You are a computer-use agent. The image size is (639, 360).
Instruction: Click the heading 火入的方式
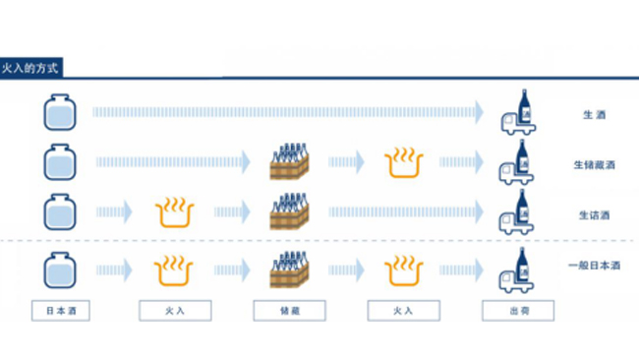point(29,68)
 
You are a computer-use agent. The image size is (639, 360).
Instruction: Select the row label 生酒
point(594,115)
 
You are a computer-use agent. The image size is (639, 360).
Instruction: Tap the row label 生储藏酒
point(594,165)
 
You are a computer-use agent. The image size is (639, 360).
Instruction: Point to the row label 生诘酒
point(594,215)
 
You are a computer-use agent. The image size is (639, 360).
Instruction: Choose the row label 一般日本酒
point(594,266)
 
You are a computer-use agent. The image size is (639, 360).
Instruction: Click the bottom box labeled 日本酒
point(61,311)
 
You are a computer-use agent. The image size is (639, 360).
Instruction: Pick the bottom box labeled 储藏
point(289,311)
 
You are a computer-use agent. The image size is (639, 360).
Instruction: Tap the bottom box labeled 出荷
point(518,311)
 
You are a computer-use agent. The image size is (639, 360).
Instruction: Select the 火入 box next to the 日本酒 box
point(175,311)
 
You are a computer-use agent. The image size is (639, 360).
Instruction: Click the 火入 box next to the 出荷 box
point(403,311)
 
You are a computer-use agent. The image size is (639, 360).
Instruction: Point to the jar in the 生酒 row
point(60,112)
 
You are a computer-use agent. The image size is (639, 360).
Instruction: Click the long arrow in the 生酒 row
point(288,112)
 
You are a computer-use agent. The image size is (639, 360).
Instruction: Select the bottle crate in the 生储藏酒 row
point(289,161)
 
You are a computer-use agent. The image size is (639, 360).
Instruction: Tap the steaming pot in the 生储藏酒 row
point(404,163)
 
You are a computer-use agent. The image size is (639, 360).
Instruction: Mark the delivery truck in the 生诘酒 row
point(516,212)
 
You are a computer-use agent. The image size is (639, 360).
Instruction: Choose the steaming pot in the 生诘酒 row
point(175,212)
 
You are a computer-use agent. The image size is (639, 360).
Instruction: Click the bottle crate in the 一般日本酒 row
point(289,270)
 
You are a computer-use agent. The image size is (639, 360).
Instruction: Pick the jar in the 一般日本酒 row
point(60,270)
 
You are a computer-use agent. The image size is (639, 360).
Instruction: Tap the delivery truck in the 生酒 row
point(518,112)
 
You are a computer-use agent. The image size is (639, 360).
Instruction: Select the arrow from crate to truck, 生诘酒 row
point(406,212)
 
